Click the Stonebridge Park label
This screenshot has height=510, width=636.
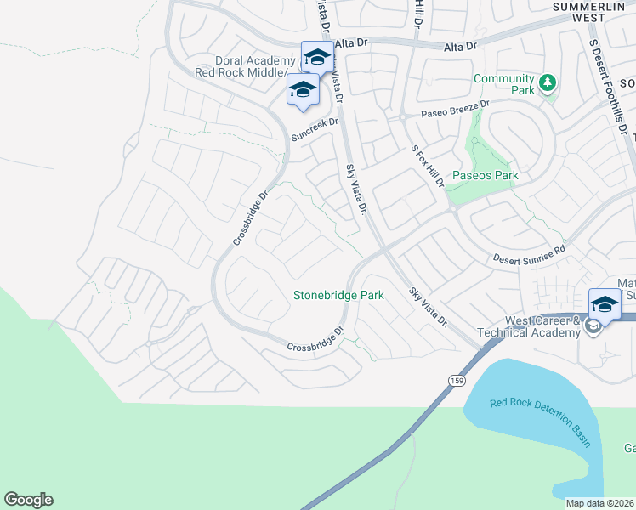coord(338,296)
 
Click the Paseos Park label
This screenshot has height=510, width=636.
coord(485,176)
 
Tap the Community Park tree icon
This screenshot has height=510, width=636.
coord(549,82)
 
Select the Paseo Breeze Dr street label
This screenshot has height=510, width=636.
coord(457,108)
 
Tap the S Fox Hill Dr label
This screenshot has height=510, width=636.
coord(428,166)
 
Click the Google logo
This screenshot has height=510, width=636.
coord(28,500)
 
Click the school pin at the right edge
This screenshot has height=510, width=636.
coord(605,304)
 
